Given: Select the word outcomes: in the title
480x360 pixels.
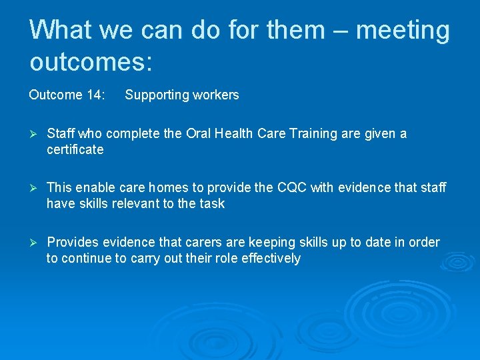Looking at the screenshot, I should [91, 62].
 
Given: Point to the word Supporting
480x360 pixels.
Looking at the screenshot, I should [157, 95].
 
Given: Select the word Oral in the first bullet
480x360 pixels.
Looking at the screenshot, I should [199, 134].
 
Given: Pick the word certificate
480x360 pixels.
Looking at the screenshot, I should [75, 150].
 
